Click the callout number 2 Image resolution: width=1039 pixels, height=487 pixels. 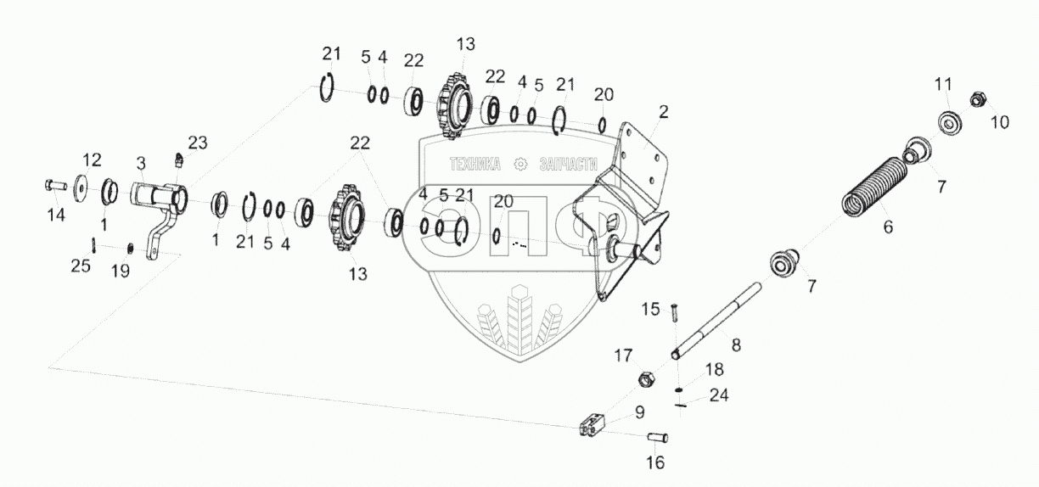[664, 111]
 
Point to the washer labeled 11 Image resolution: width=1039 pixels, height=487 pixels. [947, 121]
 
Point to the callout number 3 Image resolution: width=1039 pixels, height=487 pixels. [141, 161]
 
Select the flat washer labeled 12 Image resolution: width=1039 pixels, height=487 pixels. [82, 183]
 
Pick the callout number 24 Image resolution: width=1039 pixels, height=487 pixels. [719, 395]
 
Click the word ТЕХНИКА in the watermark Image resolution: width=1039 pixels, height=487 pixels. [475, 165]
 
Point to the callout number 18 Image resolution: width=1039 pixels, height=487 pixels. [715, 369]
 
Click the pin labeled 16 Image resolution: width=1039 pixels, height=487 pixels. [658, 438]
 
